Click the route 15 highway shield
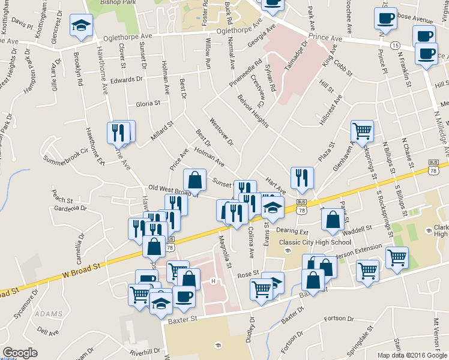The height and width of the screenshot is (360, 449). click(394, 46)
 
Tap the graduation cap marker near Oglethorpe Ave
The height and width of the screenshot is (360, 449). click(80, 26)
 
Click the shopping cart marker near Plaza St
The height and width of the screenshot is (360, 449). click(362, 131)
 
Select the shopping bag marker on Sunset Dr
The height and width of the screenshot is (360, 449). click(195, 179)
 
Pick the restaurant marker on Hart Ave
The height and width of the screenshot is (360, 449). click(301, 177)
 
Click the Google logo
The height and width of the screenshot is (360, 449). click(20, 353)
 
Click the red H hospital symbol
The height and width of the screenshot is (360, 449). click(212, 281)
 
